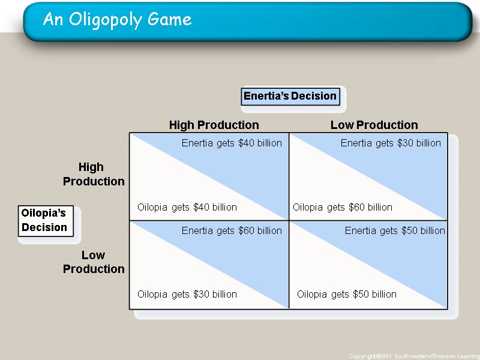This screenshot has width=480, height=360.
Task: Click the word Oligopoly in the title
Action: (x=94, y=20)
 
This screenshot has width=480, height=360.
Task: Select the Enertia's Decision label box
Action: (x=290, y=96)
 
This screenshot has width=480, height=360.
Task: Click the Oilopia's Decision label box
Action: (x=44, y=220)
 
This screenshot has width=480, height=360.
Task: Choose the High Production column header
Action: (x=214, y=125)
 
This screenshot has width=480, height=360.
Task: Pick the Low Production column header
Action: (x=374, y=125)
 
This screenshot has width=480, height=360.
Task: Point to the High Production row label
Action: (x=93, y=174)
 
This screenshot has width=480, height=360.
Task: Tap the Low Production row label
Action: (x=93, y=262)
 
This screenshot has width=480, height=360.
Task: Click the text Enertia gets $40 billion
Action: (x=232, y=143)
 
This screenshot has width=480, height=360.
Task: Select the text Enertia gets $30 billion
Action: (x=391, y=143)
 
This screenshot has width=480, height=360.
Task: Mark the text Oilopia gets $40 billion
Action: (x=187, y=207)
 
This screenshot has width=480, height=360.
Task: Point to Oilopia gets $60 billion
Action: (x=343, y=207)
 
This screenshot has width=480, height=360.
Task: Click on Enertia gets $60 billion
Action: (x=232, y=230)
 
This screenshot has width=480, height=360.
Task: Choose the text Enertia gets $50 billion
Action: (x=395, y=230)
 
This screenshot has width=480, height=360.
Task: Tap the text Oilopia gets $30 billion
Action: (x=187, y=294)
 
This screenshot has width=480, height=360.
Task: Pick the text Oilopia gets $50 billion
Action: (x=347, y=294)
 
